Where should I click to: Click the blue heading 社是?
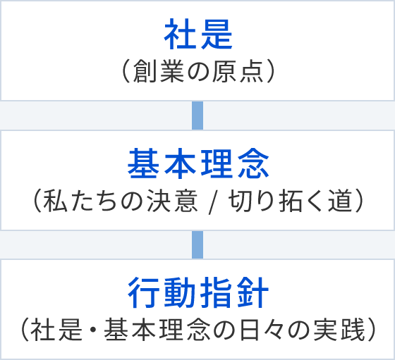(x=198, y=35)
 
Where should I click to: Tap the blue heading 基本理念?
(x=198, y=163)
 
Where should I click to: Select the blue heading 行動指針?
(x=198, y=293)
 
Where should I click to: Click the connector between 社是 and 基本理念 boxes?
(x=197, y=116)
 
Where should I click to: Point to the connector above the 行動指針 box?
(x=197, y=244)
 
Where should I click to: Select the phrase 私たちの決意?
(x=120, y=201)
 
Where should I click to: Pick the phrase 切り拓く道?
(x=290, y=201)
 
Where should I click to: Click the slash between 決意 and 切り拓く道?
(x=213, y=201)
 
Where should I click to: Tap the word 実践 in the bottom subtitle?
(x=339, y=330)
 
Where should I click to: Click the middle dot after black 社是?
(x=93, y=330)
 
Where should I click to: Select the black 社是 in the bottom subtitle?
(x=56, y=330)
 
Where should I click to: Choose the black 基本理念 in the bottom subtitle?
(x=157, y=330)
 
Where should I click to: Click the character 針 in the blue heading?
(x=253, y=293)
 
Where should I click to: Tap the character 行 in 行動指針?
(x=143, y=293)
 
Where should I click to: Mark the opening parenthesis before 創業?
(x=126, y=71)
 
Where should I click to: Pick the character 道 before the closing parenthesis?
(x=339, y=201)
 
